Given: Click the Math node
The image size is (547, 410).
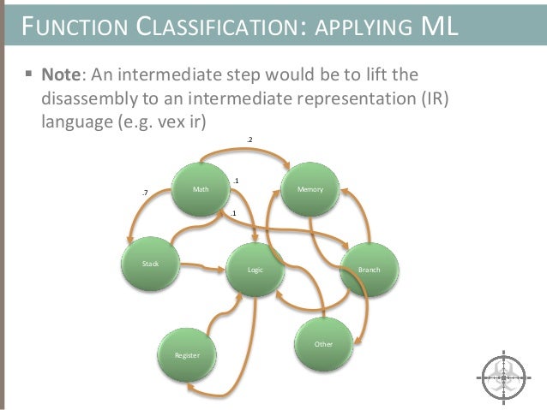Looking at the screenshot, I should click(201, 187).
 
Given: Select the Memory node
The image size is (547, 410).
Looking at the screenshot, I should click(310, 187).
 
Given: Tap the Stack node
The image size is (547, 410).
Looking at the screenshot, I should click(150, 264).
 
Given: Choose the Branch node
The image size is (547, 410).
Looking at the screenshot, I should click(370, 270).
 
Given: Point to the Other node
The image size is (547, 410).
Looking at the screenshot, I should click(323, 343).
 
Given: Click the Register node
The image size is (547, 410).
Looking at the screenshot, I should click(187, 353).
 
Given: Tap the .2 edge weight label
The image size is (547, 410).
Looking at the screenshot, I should click(249, 139).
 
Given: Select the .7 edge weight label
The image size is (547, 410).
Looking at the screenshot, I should click(145, 193).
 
